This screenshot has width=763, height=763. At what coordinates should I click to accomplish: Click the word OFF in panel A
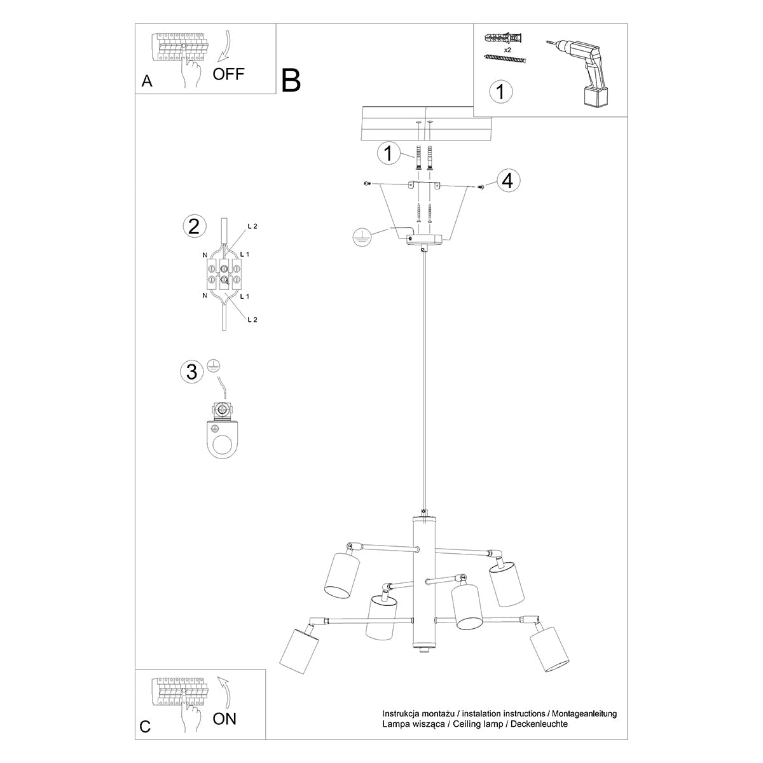point(228,74)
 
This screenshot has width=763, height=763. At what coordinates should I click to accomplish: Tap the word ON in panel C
point(224,719)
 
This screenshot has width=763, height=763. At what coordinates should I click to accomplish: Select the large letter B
point(291,81)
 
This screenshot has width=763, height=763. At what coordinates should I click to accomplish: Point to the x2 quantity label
point(507,49)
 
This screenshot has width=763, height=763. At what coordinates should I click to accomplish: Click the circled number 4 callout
point(507,181)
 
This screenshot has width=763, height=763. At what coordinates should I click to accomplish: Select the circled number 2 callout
point(193,226)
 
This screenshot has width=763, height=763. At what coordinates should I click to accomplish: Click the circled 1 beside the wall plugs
point(387,154)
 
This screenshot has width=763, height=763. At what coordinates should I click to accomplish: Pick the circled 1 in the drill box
point(500,92)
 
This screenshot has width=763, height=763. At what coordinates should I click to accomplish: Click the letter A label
point(147,81)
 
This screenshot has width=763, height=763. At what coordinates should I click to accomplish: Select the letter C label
point(146,727)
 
